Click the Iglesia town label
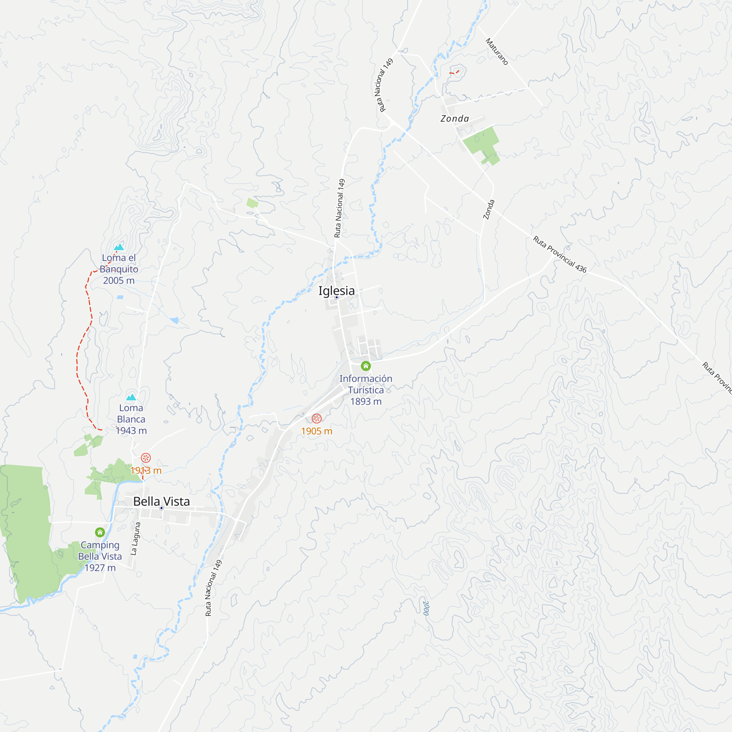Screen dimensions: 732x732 [x=336, y=291]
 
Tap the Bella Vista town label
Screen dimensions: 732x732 [x=161, y=501]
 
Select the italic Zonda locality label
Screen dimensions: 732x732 [x=455, y=119]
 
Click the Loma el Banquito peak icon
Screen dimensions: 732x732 [x=119, y=247]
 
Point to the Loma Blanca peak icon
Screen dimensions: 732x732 [x=131, y=397]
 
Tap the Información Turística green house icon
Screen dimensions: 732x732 [x=366, y=366]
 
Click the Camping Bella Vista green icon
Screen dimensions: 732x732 [x=100, y=532]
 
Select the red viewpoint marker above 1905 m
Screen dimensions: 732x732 [x=317, y=418]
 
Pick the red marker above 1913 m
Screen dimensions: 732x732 [x=146, y=458]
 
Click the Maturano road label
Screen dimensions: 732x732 [x=497, y=52]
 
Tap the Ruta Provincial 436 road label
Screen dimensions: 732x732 [x=560, y=254]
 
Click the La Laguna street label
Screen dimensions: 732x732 [x=135, y=539]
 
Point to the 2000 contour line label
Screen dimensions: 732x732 [x=426, y=608]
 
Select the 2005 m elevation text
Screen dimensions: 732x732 [x=119, y=280]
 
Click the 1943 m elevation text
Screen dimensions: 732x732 [x=131, y=430]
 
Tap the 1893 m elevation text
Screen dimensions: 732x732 [x=366, y=401]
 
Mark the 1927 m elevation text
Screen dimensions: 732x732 [x=100, y=568]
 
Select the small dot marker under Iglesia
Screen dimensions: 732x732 [x=336, y=298]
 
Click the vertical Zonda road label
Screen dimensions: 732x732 [x=489, y=209]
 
